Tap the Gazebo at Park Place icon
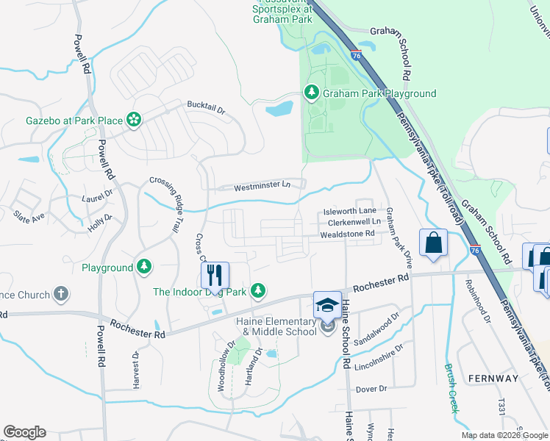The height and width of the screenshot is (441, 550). [x=134, y=120]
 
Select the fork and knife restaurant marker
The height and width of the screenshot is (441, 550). [x=215, y=276]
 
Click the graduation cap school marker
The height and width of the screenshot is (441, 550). [x=328, y=305]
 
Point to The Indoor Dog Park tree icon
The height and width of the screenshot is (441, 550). [x=257, y=292]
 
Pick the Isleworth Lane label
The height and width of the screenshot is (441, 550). [x=349, y=211]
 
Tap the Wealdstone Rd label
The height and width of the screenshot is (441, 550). [x=347, y=234]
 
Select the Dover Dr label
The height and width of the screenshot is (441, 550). [x=371, y=389]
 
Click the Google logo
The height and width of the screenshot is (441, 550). [x=24, y=432]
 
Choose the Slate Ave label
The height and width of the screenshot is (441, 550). [x=29, y=216]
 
